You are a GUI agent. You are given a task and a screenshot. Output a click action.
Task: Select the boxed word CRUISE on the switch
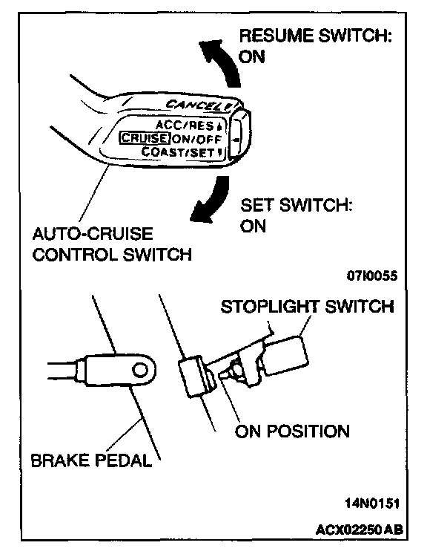[144, 138]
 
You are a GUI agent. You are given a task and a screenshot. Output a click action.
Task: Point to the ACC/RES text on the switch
[185, 125]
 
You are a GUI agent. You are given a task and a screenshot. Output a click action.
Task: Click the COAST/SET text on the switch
[179, 152]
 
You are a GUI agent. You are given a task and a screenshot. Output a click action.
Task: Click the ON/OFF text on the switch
[196, 139]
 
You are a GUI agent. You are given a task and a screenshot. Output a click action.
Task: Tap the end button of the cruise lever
[240, 134]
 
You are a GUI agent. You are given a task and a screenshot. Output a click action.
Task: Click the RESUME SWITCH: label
[316, 36]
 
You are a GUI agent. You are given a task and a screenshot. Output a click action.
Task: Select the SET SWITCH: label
[296, 205]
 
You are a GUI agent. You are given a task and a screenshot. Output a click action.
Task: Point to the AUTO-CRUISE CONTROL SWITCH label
[112, 244]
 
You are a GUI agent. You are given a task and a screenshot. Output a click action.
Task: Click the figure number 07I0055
[372, 276]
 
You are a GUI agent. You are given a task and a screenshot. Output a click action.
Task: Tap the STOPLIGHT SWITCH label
[307, 306]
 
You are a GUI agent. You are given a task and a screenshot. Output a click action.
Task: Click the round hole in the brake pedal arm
[140, 370]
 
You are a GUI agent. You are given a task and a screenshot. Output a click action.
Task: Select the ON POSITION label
[292, 431]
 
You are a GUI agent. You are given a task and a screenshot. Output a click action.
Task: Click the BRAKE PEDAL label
[91, 460]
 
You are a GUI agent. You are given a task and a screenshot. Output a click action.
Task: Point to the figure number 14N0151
[372, 504]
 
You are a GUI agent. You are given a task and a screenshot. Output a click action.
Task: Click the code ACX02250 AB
[360, 530]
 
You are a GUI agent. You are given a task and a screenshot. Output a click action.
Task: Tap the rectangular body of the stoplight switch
[285, 356]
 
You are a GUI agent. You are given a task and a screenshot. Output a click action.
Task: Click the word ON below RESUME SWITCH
[252, 56]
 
